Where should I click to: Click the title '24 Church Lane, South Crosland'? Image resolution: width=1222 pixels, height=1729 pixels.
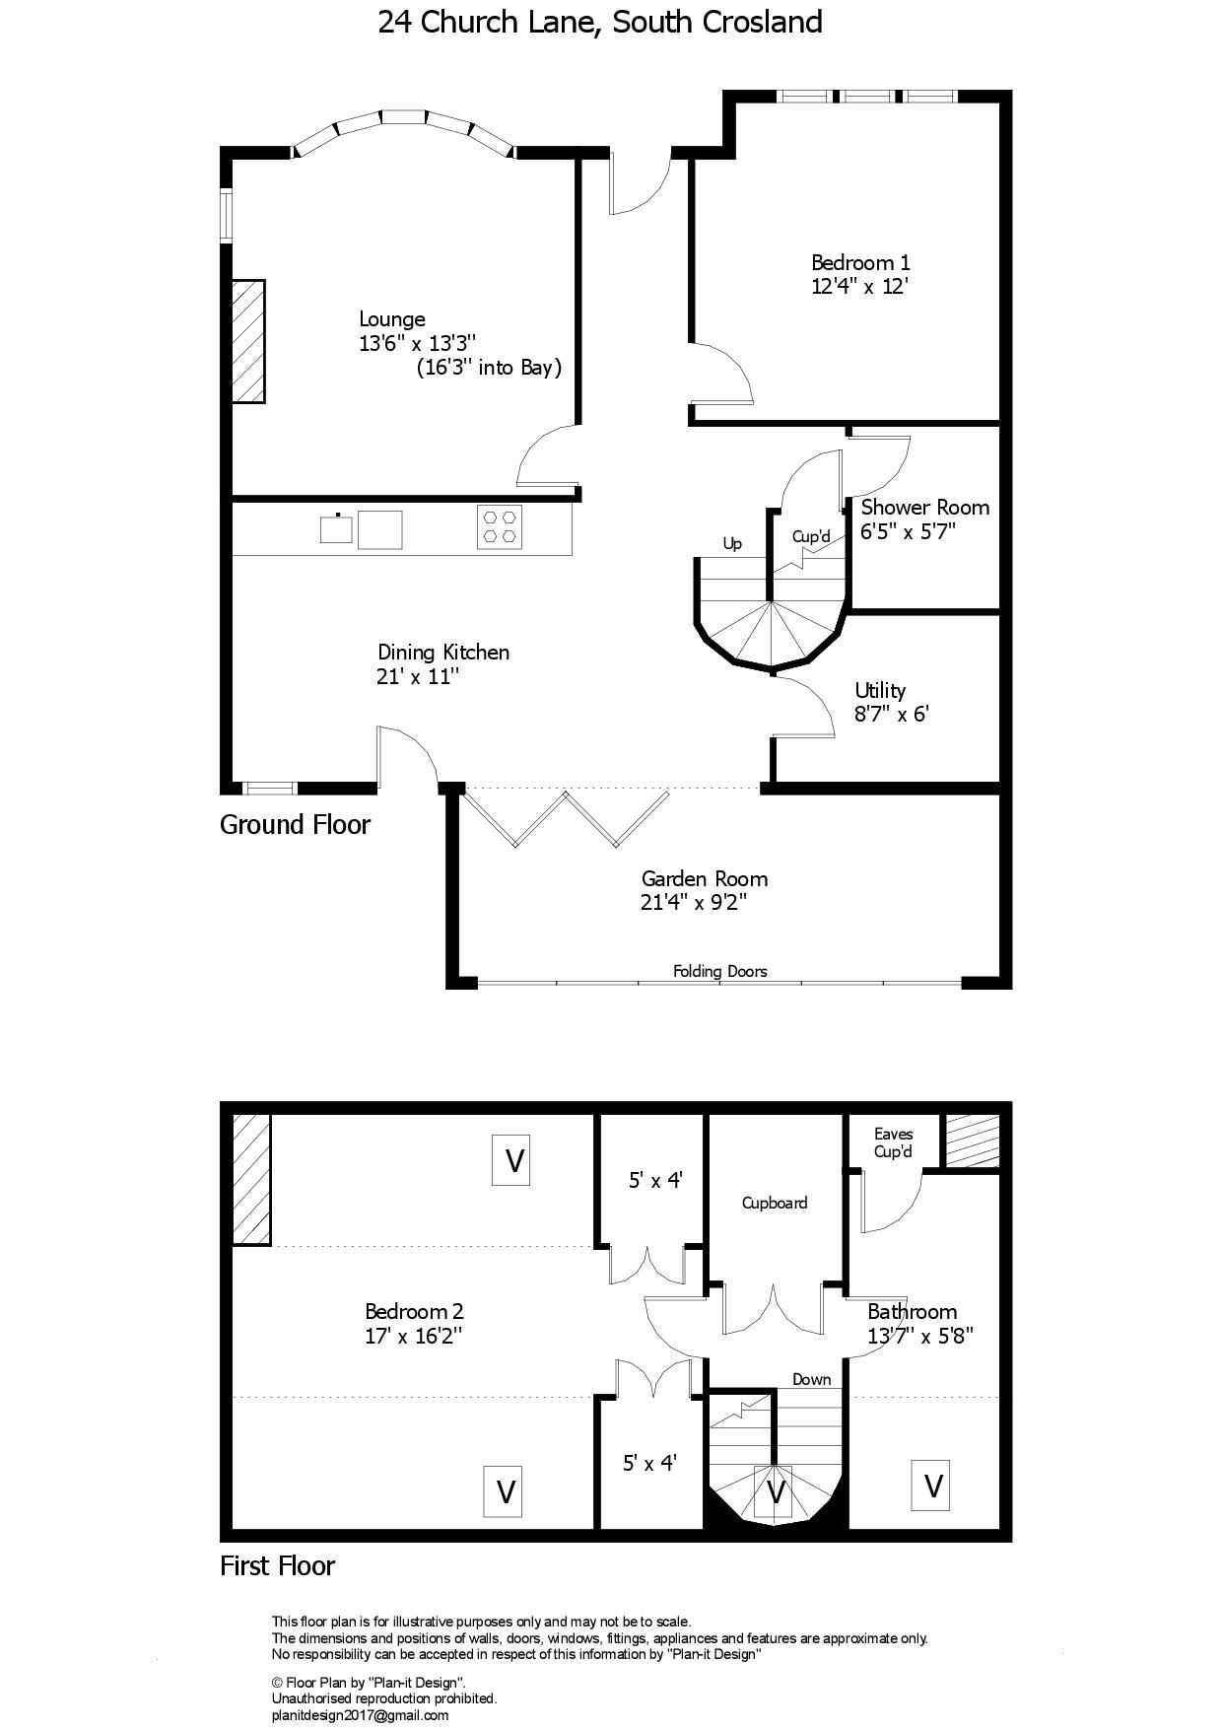pyautogui.click(x=599, y=22)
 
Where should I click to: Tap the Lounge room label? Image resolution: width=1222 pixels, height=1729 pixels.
pyautogui.click(x=391, y=319)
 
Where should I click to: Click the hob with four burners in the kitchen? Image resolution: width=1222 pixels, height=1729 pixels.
pyautogui.click(x=499, y=526)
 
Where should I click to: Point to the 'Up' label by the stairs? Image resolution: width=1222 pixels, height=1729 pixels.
pyautogui.click(x=732, y=543)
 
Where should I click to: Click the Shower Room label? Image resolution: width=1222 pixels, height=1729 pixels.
pyautogui.click(x=924, y=508)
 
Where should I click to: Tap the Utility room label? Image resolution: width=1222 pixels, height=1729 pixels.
pyautogui.click(x=880, y=690)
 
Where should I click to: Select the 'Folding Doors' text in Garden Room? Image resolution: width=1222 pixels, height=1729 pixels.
pyautogui.click(x=719, y=971)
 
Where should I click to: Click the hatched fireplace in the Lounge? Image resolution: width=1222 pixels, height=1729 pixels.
pyautogui.click(x=248, y=341)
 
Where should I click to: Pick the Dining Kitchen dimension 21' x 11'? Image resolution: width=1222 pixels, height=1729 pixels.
pyautogui.click(x=419, y=677)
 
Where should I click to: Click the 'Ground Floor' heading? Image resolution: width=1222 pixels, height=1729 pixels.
pyautogui.click(x=295, y=824)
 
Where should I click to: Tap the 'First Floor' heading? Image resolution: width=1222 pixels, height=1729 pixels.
pyautogui.click(x=277, y=1565)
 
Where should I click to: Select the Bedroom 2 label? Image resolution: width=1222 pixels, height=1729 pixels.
pyautogui.click(x=414, y=1312)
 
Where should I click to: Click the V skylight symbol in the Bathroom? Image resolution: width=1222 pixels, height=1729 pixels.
pyautogui.click(x=932, y=1485)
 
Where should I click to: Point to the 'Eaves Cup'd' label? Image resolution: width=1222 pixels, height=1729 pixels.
pyautogui.click(x=893, y=1142)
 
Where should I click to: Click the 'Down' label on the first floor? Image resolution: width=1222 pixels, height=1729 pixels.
pyautogui.click(x=811, y=1379)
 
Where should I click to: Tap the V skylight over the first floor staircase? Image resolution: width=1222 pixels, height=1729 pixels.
pyautogui.click(x=775, y=1491)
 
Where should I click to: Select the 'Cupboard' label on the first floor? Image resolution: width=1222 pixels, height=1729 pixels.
pyautogui.click(x=775, y=1203)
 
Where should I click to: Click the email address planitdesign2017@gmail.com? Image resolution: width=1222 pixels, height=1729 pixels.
pyautogui.click(x=360, y=1715)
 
